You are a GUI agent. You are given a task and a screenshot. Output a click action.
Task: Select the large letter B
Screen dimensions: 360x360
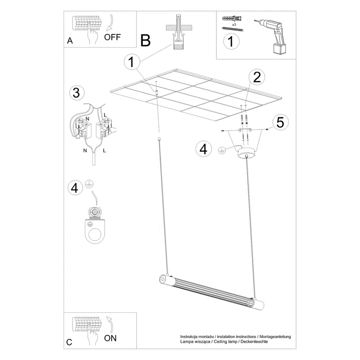tap(145, 41)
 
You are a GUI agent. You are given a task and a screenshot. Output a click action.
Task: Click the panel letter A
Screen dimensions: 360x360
tap(70, 41)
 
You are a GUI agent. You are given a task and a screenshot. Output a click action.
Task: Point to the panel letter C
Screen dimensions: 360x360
tap(69, 342)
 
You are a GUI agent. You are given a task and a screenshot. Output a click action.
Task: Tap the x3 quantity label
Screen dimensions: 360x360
tap(234, 24)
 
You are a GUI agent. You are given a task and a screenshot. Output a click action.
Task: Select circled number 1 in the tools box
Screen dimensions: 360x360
tap(230, 42)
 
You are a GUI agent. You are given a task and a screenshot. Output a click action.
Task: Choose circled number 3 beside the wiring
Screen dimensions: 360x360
tap(75, 93)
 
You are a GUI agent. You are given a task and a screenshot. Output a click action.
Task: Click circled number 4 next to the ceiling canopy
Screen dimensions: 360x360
tap(204, 149)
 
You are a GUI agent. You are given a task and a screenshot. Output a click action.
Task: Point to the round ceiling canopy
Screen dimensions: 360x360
tap(247, 153)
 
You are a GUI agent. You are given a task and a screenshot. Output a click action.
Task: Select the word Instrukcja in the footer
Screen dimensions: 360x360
tap(190, 336)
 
